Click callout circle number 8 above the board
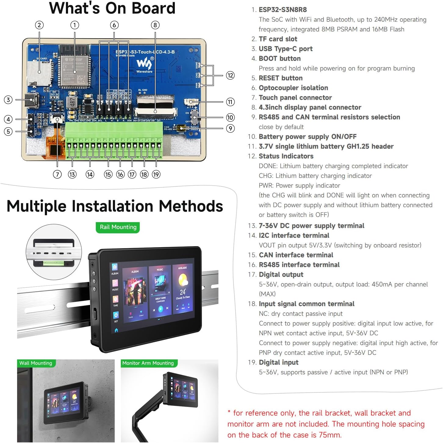pos(155,25)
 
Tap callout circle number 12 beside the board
pos(230,75)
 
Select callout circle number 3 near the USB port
pos(8,100)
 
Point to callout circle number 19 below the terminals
pos(156,175)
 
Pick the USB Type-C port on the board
pos(32,100)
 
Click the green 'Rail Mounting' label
pos(118,227)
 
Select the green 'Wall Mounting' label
pos(36,363)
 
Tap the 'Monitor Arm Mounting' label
pos(148,363)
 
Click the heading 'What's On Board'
pos(112,8)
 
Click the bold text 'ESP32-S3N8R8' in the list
pos(283,10)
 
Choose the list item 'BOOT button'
pos(279,59)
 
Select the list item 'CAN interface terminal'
pos(296,255)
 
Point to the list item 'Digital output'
pos(281,275)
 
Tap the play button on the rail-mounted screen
pos(160,309)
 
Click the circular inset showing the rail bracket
pos(54,252)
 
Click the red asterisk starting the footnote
pos(229,412)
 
